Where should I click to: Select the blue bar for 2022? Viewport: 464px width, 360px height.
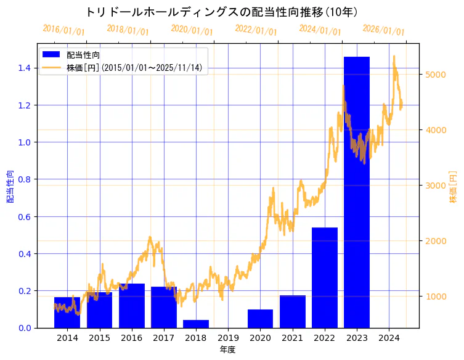click(324, 277)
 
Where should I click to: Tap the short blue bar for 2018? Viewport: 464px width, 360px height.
click(196, 324)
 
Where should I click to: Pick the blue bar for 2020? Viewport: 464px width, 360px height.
click(260, 318)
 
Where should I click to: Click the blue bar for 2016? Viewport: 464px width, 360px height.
click(131, 306)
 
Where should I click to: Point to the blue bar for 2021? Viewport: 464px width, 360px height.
click(292, 311)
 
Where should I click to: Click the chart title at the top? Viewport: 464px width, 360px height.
click(221, 12)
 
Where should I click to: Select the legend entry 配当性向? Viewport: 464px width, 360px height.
click(84, 55)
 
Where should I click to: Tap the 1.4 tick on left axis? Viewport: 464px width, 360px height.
click(24, 68)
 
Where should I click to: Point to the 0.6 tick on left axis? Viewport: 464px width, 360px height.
click(24, 216)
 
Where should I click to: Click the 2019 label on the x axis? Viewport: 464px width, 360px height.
click(228, 338)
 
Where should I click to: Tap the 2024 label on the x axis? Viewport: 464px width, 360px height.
click(389, 338)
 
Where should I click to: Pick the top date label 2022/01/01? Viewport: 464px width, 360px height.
click(256, 30)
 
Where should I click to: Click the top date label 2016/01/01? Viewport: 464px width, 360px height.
click(63, 30)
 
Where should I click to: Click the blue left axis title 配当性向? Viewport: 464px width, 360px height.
click(10, 186)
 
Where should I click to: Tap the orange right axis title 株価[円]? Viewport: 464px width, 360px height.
click(453, 186)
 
